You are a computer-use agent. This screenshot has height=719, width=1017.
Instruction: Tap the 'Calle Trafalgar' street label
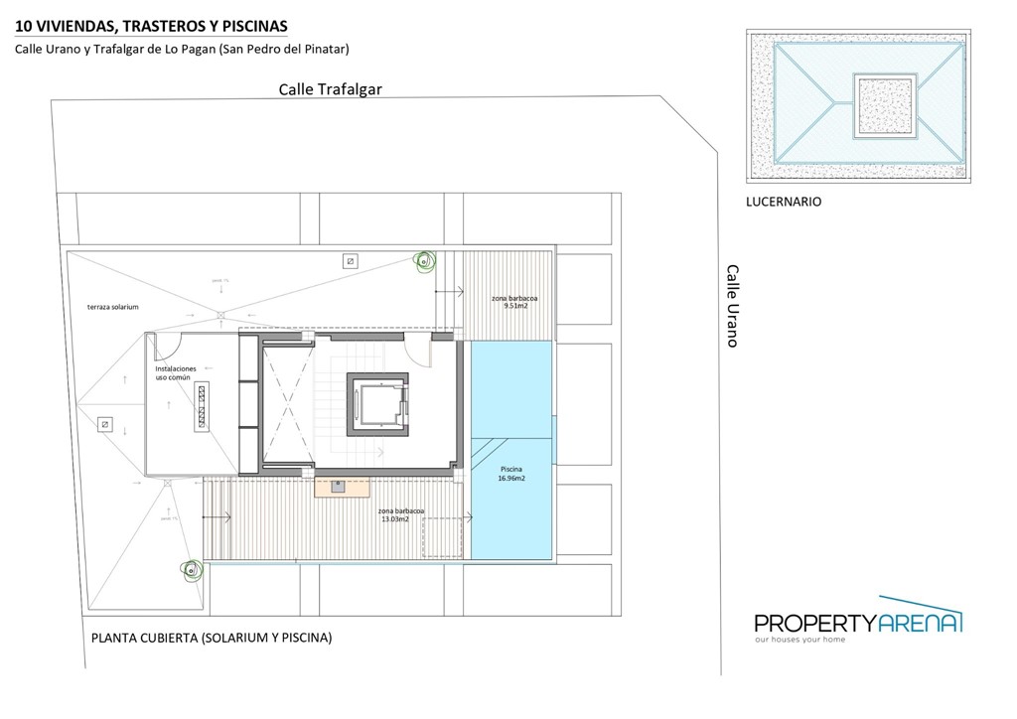click(329, 89)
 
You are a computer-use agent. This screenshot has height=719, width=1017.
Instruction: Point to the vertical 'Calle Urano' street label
click(732, 305)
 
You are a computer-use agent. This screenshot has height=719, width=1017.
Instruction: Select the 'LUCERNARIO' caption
click(784, 202)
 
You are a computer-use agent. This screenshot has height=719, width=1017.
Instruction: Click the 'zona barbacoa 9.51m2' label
click(515, 302)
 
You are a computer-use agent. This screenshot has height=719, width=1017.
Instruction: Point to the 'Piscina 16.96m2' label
click(510, 473)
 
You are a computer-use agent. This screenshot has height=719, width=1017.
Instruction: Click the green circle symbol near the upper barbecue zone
click(425, 262)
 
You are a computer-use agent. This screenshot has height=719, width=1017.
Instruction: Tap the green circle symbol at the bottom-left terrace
click(190, 569)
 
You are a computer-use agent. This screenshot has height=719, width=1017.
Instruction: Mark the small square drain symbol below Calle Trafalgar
click(349, 261)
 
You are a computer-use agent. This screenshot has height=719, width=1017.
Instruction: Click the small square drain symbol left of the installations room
click(104, 424)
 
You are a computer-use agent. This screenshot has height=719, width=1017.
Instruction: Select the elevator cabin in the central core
click(378, 406)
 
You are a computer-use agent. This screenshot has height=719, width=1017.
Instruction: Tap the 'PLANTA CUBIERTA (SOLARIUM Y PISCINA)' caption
click(211, 639)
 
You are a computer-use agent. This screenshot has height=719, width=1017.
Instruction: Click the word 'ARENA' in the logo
click(920, 623)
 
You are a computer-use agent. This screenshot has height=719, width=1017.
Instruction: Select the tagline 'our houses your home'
click(800, 641)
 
